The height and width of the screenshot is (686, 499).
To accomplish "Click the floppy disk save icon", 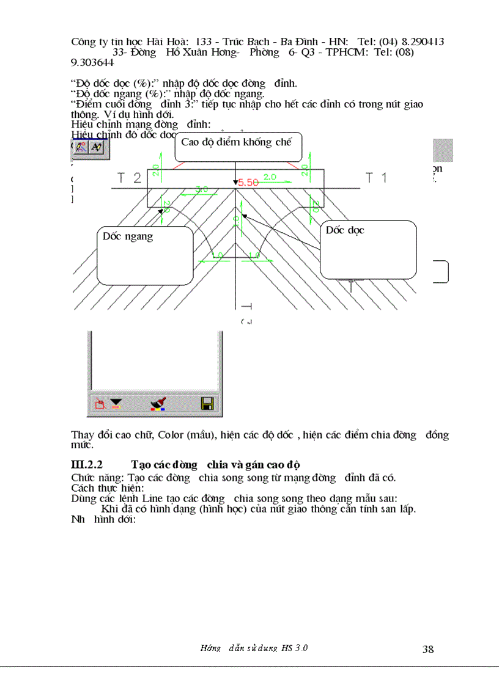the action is (x=207, y=403).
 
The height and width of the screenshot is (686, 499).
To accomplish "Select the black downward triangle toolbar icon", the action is (x=116, y=403).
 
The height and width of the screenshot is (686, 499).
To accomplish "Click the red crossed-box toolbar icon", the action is (x=100, y=403).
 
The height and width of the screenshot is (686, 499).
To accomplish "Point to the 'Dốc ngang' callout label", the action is (x=128, y=236).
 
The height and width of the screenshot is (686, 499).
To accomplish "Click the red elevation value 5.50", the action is (x=249, y=182).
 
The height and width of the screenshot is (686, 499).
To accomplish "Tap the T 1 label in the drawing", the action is (x=376, y=178).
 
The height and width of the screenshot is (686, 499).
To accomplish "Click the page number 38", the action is (x=427, y=649).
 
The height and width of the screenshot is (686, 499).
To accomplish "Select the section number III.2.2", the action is (x=91, y=465).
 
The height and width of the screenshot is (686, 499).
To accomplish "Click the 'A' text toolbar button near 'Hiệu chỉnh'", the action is (x=97, y=147).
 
